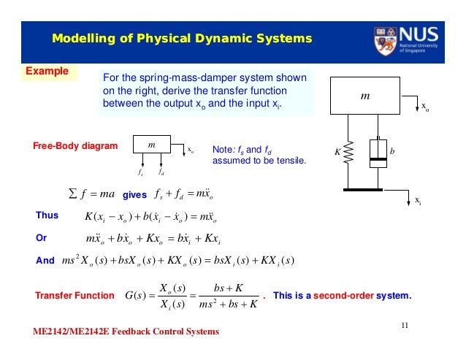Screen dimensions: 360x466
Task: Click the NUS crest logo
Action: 386,41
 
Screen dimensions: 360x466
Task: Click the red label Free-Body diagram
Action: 75,147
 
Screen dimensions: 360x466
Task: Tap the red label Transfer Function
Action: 75,295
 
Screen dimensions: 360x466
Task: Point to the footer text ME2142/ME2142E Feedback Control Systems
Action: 126,332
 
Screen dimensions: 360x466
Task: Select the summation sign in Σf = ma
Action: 71,194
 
